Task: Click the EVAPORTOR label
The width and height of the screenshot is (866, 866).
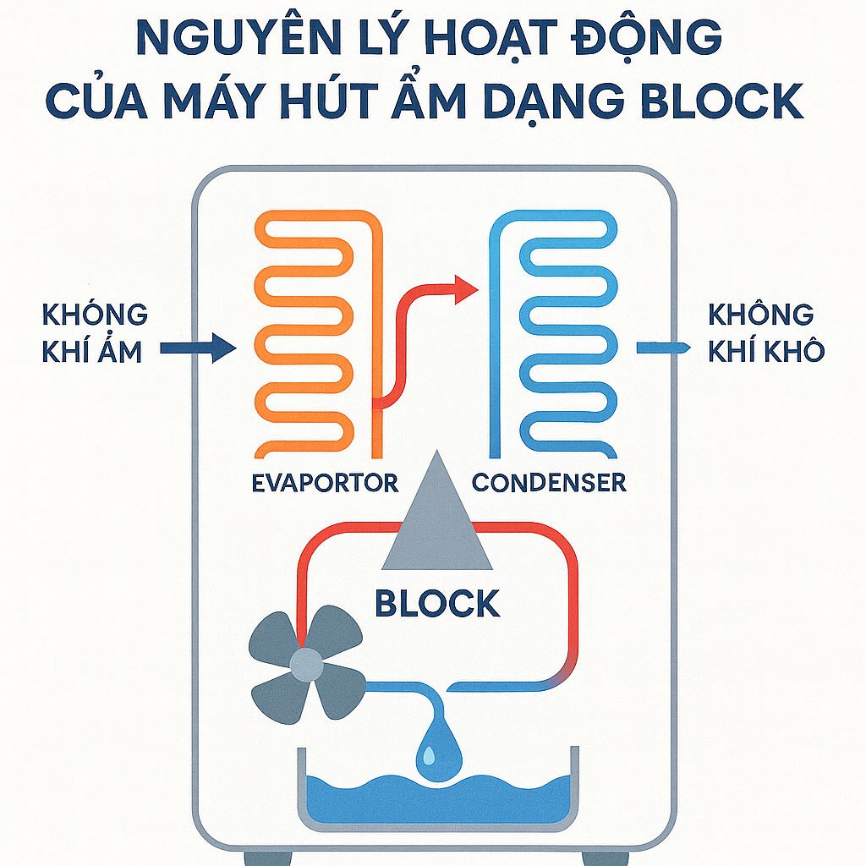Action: point(326,483)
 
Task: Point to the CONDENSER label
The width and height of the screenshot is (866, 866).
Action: point(549,483)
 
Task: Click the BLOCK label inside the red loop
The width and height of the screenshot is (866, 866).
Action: point(437,604)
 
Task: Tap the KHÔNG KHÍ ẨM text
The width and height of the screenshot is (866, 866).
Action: point(93,332)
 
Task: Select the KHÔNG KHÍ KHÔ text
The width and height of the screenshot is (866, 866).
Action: point(765,332)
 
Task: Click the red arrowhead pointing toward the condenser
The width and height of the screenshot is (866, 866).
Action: point(466,289)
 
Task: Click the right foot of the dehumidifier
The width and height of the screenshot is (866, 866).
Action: point(606,858)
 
